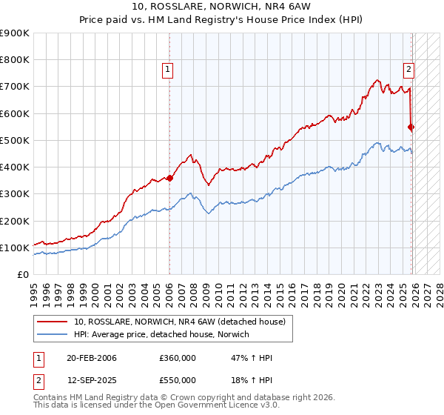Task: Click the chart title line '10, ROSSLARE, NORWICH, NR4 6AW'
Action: coord(221,7)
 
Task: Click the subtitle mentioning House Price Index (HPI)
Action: coord(221,20)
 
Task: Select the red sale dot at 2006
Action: coord(169,178)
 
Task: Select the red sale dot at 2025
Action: coord(411,127)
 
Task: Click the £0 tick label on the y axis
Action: coord(21,274)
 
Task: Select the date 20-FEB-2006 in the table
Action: coord(91,358)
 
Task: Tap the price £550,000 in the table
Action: coord(178,379)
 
